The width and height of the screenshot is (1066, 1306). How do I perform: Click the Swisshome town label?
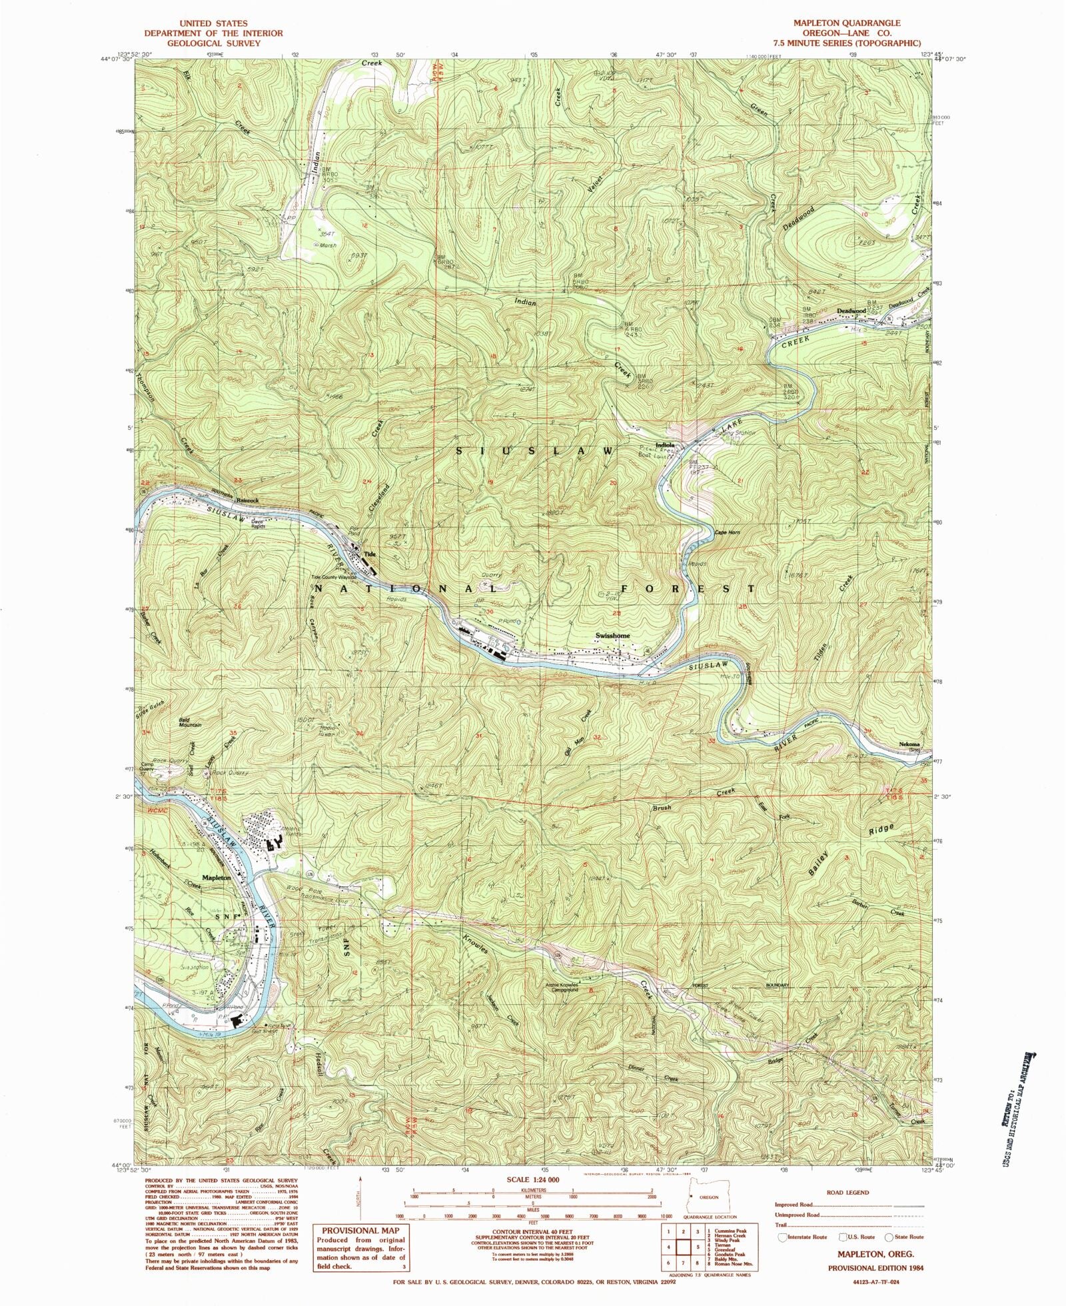pyautogui.click(x=612, y=636)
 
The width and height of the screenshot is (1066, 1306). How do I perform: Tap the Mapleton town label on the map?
pyautogui.click(x=217, y=878)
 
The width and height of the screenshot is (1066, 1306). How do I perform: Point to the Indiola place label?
pyautogui.click(x=666, y=445)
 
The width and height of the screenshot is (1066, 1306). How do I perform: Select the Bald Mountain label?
pyautogui.click(x=190, y=722)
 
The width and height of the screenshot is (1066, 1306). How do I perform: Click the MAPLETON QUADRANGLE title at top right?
pyautogui.click(x=846, y=23)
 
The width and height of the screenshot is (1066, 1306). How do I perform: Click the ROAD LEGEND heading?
pyautogui.click(x=849, y=1193)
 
